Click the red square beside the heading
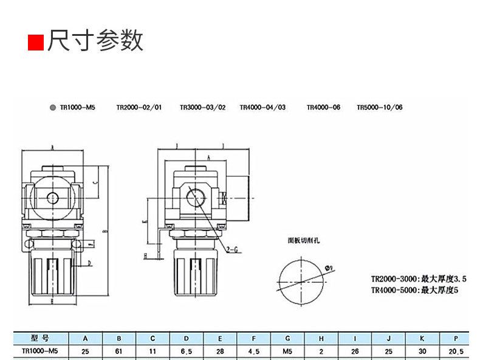click(x=36, y=43)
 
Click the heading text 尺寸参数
click(x=95, y=41)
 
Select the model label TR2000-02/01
click(x=139, y=107)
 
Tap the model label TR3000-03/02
click(x=202, y=107)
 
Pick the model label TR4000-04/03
click(x=262, y=107)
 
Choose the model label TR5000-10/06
click(x=380, y=107)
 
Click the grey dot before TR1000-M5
click(x=53, y=107)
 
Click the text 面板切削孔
click(x=304, y=240)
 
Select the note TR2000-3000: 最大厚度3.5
click(x=419, y=279)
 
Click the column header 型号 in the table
click(x=39, y=338)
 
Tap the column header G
click(x=287, y=338)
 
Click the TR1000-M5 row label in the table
click(x=39, y=350)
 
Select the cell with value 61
click(x=119, y=350)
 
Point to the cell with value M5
click(x=287, y=350)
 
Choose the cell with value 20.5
click(x=456, y=350)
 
